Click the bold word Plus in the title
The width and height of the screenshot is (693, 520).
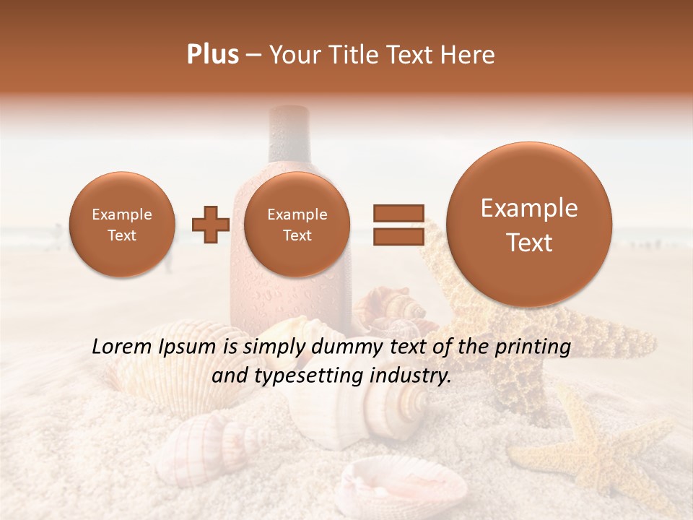coord(212,55)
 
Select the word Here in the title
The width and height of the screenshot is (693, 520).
coord(468,55)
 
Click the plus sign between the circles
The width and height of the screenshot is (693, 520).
coord(210,225)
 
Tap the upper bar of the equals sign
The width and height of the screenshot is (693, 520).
coord(398,213)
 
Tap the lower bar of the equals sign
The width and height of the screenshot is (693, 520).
coord(398,237)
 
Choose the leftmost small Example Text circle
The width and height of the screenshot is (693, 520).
coord(122,225)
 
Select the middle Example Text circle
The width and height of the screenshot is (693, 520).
coord(297,225)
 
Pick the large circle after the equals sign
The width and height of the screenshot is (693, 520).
coord(529,225)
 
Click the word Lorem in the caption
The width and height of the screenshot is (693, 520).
coord(122,347)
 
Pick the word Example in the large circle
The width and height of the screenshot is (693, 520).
coord(529,208)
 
